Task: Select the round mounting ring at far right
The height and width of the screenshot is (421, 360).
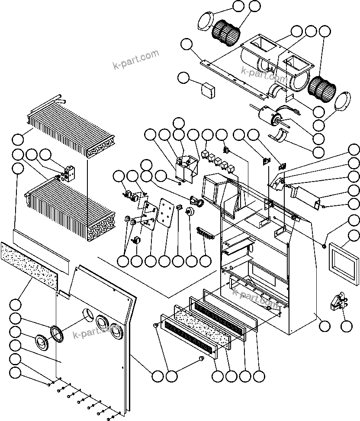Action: click(x=343, y=103)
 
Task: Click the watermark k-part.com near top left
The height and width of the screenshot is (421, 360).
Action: click(x=135, y=60)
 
